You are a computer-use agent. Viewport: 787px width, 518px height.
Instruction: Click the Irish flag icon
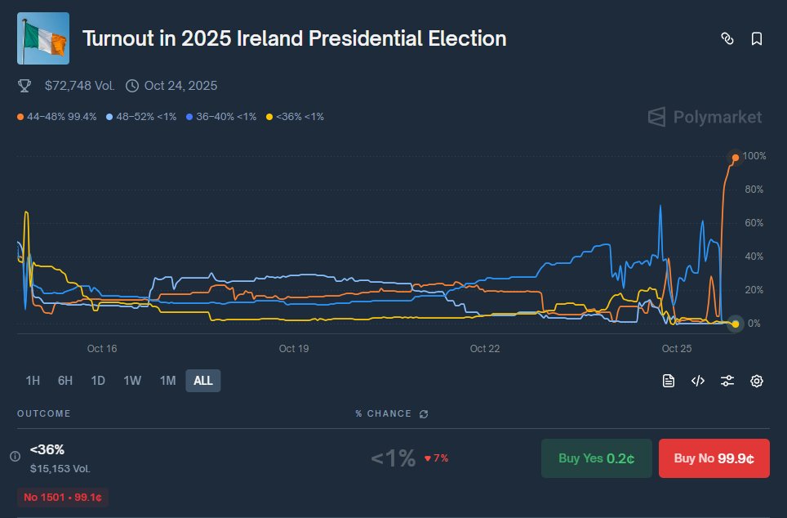tap(43, 38)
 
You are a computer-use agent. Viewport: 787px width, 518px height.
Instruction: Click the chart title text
tap(294, 38)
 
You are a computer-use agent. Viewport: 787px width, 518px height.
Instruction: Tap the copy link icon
tap(727, 38)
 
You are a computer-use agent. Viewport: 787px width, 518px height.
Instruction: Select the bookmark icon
tap(757, 38)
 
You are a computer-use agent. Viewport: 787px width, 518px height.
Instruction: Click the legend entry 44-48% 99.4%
tap(57, 117)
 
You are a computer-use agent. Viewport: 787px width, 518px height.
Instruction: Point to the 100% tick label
tap(754, 156)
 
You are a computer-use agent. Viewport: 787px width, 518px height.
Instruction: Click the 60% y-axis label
tap(754, 223)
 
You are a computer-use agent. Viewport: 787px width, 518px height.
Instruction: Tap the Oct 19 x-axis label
tap(293, 349)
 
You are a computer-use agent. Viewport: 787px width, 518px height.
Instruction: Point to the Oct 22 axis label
tap(485, 349)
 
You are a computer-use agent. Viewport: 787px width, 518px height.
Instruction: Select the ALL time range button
tap(203, 381)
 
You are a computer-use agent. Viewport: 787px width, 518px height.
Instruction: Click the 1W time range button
tap(132, 381)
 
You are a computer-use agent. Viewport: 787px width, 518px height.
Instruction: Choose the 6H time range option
tap(65, 381)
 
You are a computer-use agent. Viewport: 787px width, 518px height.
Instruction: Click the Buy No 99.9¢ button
tap(714, 458)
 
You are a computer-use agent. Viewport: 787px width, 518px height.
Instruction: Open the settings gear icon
tap(757, 381)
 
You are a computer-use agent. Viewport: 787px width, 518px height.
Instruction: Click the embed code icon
tap(698, 381)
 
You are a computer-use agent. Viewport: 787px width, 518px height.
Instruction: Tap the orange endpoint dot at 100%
tap(736, 157)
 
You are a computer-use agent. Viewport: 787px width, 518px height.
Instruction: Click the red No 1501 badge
tap(63, 497)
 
